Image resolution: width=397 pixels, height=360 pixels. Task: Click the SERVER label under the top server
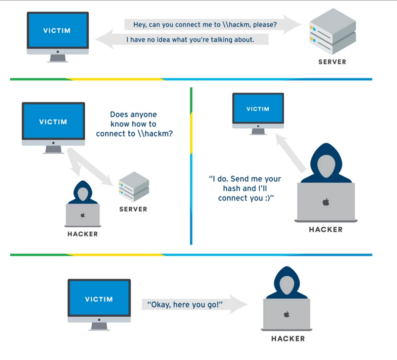point(332,62)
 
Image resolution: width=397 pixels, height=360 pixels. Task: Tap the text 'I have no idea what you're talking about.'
point(190,40)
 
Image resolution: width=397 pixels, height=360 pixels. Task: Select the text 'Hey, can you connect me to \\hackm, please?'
point(205,24)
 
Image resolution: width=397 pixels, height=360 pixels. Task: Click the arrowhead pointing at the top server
point(292,24)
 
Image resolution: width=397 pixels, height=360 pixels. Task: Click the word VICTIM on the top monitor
point(57,31)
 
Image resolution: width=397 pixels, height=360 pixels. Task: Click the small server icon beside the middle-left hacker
point(134,187)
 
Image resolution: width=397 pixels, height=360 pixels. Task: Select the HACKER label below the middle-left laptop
point(83,234)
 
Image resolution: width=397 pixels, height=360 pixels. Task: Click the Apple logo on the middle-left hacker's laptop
point(83,215)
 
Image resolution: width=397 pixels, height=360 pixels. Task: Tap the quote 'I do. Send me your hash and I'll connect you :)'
point(245,188)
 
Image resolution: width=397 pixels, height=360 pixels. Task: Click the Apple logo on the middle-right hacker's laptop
point(326,202)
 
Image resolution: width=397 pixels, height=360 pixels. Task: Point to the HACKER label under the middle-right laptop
point(326,230)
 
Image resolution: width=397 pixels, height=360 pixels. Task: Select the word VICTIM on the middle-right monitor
point(258,109)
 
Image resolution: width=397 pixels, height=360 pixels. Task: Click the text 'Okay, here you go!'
point(185,304)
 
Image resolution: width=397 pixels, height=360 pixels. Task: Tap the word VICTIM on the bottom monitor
point(99,299)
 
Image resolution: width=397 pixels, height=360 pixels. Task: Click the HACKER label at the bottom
point(288,339)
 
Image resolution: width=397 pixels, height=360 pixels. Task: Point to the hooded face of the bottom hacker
point(287,285)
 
